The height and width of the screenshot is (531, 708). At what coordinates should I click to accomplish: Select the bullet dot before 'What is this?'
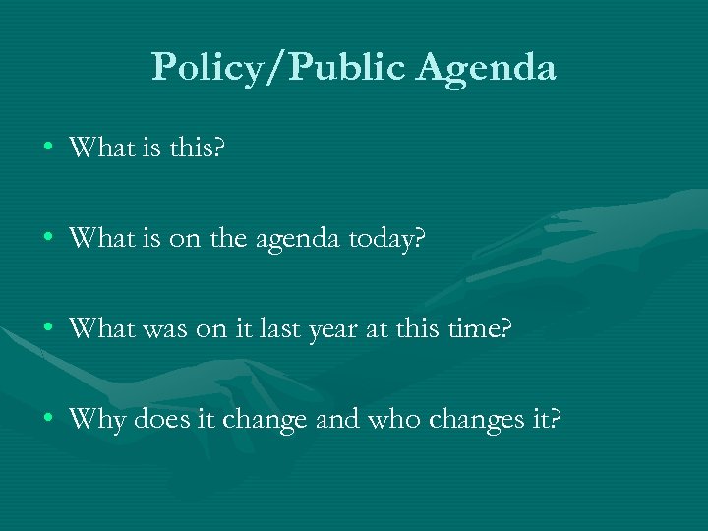47,149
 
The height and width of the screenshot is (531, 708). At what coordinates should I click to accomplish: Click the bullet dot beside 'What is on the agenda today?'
47,239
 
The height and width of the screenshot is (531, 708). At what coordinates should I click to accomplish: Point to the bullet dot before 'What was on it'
47,329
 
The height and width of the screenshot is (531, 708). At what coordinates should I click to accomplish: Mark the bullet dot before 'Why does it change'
47,420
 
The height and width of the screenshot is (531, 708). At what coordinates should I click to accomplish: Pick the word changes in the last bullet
479,422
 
